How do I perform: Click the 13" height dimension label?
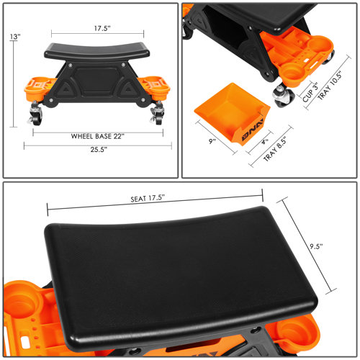point(15,36)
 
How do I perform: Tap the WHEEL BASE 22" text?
point(100,135)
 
